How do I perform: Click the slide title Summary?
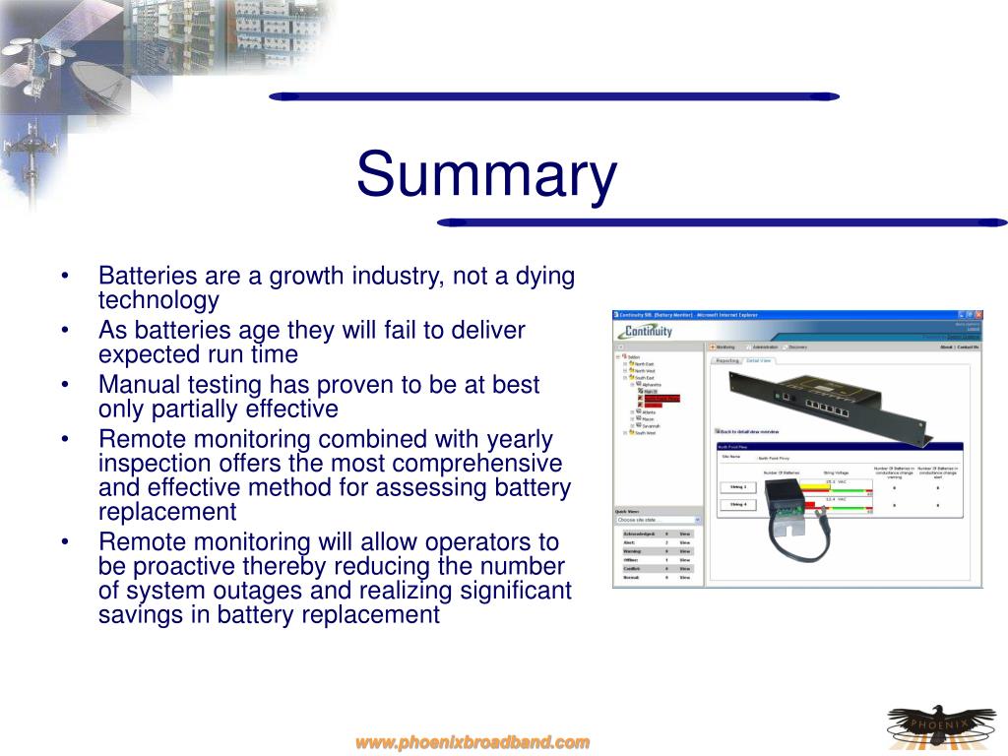pos(486,175)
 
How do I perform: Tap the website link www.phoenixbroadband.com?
pos(472,742)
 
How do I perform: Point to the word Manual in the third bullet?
pos(136,385)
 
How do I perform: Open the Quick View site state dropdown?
pos(658,519)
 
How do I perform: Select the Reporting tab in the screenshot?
pos(727,360)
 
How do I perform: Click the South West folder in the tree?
pos(644,432)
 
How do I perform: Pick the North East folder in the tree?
pos(644,363)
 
